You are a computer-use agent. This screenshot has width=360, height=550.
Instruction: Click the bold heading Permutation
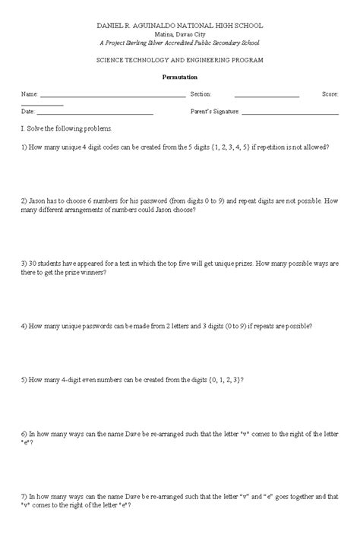coord(180,77)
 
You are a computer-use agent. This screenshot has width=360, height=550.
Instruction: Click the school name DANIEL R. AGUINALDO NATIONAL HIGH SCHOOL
coord(180,25)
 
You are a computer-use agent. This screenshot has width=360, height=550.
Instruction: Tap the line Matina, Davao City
coord(180,35)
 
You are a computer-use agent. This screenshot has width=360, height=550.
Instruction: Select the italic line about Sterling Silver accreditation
coord(180,43)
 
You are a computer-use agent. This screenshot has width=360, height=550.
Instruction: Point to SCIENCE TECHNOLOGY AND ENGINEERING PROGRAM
coord(180,59)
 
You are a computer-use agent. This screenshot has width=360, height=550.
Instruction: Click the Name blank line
coord(112,96)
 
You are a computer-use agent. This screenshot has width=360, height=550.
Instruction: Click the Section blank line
coord(267,96)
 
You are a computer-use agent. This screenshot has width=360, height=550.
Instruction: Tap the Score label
coord(330,93)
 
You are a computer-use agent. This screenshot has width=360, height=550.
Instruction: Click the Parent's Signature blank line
coord(289,113)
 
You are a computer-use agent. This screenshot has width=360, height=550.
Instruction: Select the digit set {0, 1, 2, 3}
coord(223,378)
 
